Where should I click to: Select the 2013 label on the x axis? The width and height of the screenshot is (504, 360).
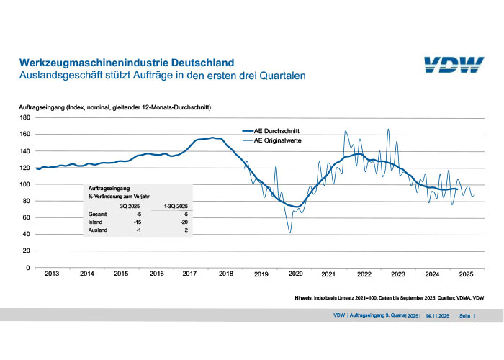pos(52,274)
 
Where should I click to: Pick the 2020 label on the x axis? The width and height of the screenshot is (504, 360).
pos(294,274)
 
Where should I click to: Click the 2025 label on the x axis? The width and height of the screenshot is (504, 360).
pos(467,274)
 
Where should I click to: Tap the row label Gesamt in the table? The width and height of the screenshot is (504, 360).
pos(99,214)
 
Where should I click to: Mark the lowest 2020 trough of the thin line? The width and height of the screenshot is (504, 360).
pos(289,233)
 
